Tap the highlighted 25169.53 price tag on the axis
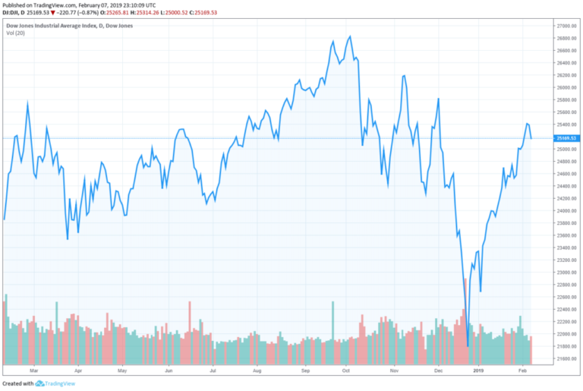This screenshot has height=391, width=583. pos(566,138)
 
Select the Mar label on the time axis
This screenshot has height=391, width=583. pos(33,371)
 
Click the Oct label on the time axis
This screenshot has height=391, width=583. pos(345,371)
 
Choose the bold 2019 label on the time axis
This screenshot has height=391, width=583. pos(478,371)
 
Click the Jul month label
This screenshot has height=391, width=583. pos(213,371)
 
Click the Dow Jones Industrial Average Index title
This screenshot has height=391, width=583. pos(58,25)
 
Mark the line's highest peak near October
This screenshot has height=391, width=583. pos(349,36)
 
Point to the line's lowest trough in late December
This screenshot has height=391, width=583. pos(468,346)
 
